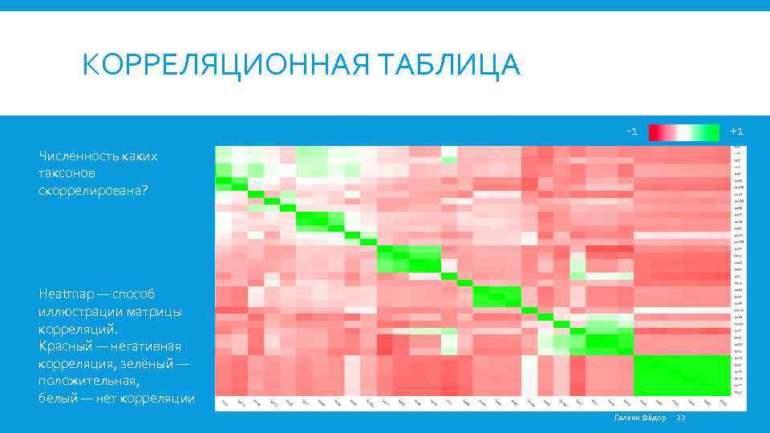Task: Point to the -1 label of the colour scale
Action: tap(632, 131)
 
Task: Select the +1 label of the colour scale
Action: tap(736, 131)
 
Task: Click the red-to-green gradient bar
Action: tap(683, 132)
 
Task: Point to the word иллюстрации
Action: tap(75, 311)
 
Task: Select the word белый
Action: tap(57, 399)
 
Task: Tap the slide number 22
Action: tap(682, 418)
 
